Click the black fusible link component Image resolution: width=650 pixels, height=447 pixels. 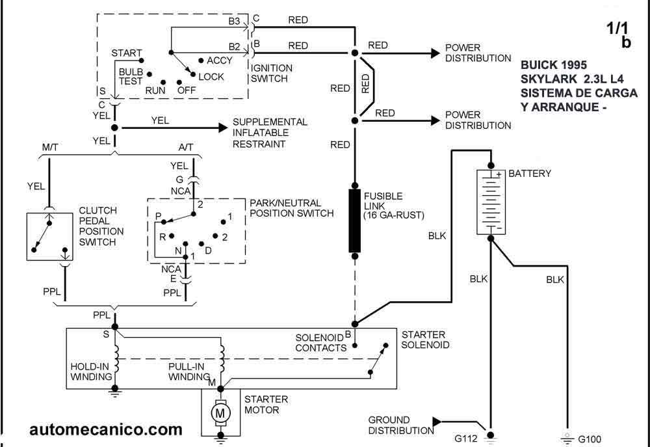pos(355,221)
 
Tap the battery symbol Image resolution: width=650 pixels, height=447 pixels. pos(491,202)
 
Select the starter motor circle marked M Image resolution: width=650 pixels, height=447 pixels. pos(220,412)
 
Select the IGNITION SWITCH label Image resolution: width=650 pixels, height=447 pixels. pos(272,72)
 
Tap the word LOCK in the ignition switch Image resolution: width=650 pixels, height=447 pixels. pos(211,77)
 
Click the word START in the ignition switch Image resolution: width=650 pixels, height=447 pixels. pos(127,53)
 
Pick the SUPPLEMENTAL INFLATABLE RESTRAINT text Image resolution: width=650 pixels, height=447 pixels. pos(270,133)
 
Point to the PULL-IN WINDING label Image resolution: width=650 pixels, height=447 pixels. pos(189,372)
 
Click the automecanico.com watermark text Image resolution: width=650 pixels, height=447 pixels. pos(106,429)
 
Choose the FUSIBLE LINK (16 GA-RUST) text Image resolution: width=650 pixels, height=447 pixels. pos(393,206)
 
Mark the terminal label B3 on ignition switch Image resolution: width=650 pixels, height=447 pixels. pos(234,21)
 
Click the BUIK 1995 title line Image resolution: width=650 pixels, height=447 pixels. pos(554,65)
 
